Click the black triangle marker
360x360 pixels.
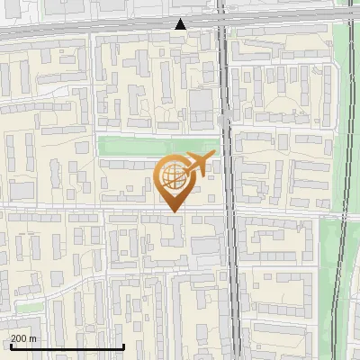coord(181,24)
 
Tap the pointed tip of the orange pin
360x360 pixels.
coord(174,211)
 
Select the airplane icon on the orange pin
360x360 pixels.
coord(200,165)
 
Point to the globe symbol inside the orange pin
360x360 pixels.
coord(174,177)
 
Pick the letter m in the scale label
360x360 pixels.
coord(34,338)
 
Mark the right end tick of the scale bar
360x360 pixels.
coord(123,346)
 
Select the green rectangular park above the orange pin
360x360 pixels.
coord(157,145)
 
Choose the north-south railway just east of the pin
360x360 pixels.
coord(232,180)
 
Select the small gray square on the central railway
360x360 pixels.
coord(223,119)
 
